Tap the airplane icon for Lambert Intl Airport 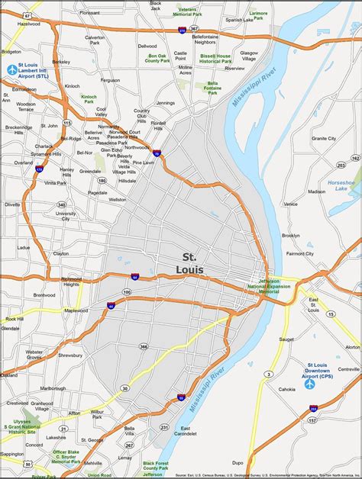[x=12, y=71]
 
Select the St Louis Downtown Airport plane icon [x=310, y=384]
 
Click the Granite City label [x=324, y=138]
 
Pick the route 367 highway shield [x=194, y=29]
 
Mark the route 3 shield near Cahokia [x=268, y=374]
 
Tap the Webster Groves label [x=34, y=354]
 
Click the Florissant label [x=89, y=13]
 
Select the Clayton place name [x=60, y=253]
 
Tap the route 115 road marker [x=67, y=122]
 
